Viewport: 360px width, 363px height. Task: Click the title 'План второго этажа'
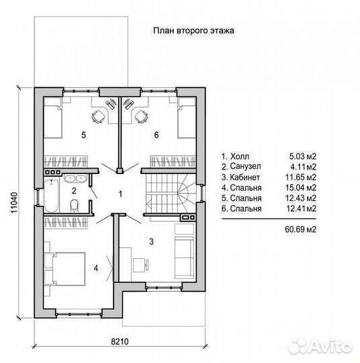pos(193,30)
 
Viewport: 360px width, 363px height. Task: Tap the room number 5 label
pos(84,134)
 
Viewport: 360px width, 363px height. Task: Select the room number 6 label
pos(156,134)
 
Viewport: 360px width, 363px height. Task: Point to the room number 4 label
pos(96,268)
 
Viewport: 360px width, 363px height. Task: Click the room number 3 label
pos(151,242)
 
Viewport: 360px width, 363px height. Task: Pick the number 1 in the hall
pos(120,194)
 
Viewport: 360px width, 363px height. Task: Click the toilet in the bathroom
pos(75,206)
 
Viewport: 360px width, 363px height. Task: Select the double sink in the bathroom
pos(75,179)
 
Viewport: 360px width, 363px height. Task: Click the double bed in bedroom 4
pos(64,269)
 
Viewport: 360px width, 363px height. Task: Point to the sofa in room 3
pos(184,257)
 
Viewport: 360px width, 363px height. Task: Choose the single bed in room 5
pos(53,118)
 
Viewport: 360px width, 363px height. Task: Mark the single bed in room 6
pos(187,118)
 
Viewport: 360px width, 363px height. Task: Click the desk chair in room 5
pos(98,116)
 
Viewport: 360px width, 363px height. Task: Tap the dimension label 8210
pos(120,341)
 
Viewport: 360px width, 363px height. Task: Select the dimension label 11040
pos(14,203)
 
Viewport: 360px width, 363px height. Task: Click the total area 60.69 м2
pos(300,229)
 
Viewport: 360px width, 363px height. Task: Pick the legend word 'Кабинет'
pos(245,177)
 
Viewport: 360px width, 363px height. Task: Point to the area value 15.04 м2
pos(300,188)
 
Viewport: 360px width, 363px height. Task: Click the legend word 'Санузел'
pos(245,167)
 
